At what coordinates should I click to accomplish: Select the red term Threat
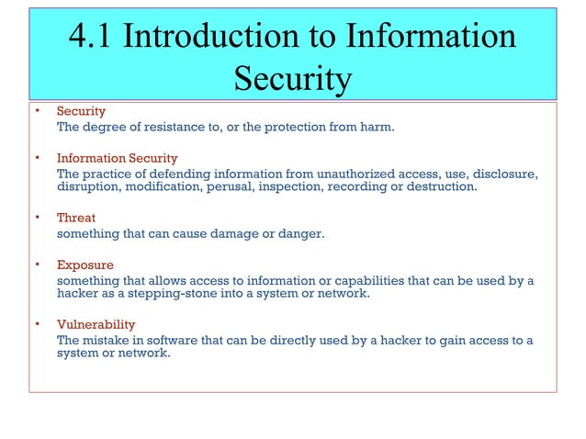point(76,219)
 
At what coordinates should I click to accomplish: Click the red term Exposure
point(83,265)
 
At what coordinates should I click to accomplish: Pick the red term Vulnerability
point(96,324)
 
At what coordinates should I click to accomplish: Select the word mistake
point(106,340)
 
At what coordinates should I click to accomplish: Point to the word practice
point(106,174)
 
